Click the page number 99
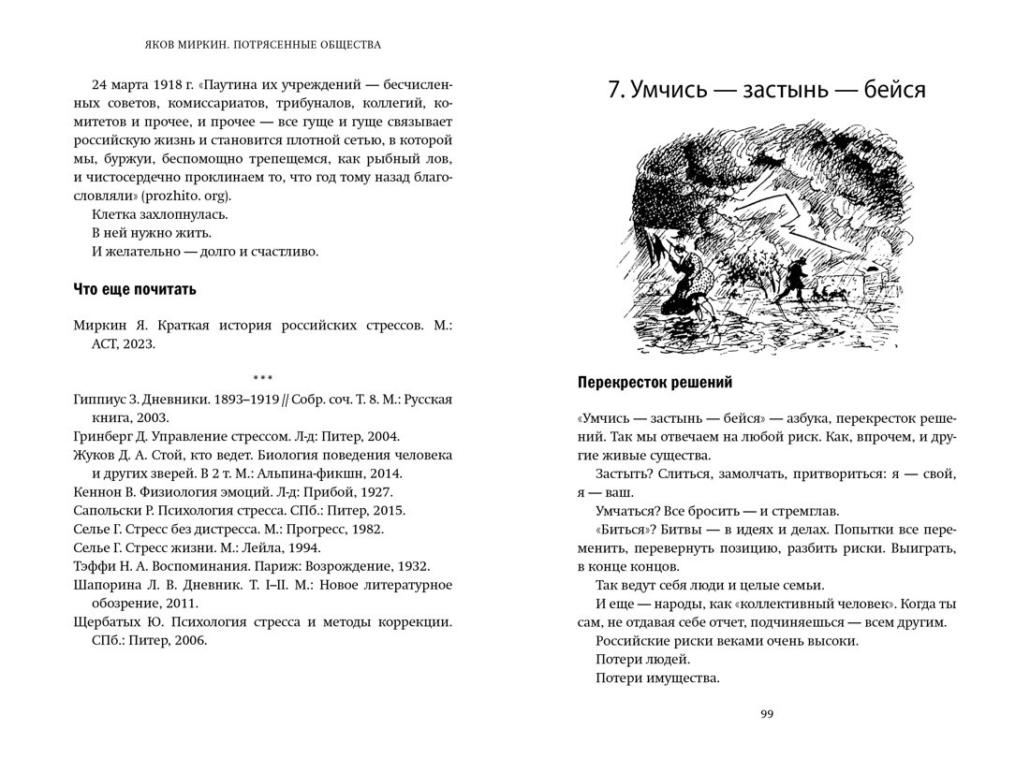(767, 714)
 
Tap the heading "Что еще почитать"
(135, 289)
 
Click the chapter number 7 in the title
(613, 91)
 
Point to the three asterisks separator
(262, 377)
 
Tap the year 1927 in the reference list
(376, 491)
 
